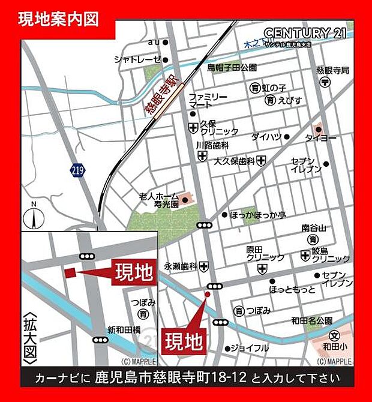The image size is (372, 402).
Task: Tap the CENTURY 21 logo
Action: point(304,33)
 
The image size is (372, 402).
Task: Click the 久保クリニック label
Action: point(219,127)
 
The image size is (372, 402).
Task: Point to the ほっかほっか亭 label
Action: point(259,214)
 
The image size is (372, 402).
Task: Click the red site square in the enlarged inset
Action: point(70,272)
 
